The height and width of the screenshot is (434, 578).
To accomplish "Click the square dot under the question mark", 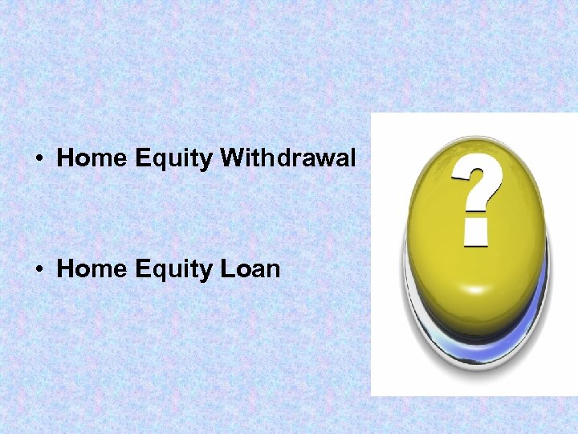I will [476, 231].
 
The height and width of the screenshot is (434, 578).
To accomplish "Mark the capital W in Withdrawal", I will [232, 158].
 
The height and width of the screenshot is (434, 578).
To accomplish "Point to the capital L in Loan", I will [226, 268].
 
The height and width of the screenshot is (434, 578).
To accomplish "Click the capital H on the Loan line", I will [66, 268].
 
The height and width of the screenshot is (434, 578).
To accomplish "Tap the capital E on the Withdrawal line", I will [143, 158].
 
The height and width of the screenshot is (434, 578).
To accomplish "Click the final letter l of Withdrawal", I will [352, 158].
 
